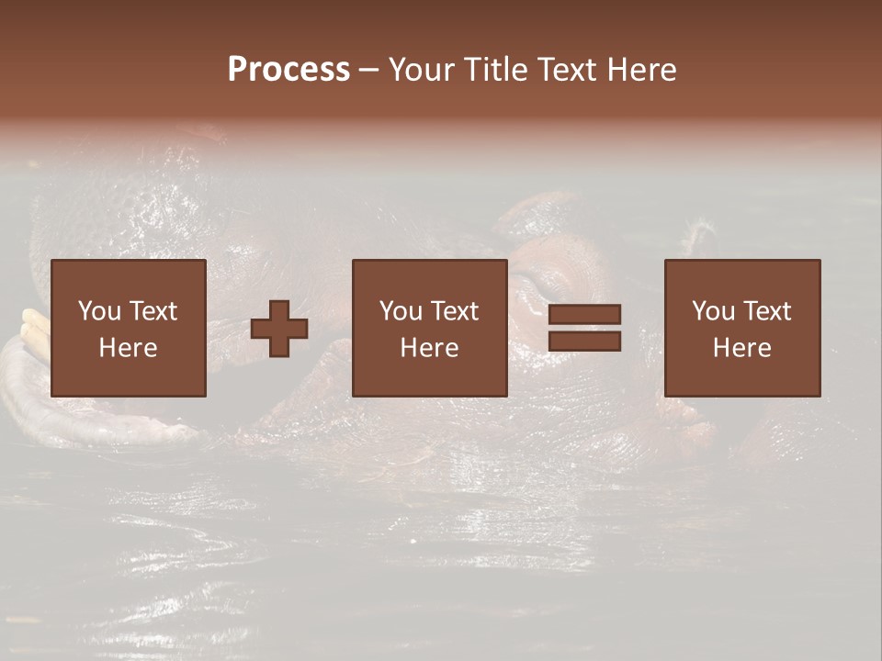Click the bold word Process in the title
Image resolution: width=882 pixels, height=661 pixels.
click(288, 70)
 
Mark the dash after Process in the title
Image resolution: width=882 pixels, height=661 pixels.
click(369, 71)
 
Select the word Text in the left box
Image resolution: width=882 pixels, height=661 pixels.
click(153, 311)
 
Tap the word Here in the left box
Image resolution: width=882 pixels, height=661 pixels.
click(129, 348)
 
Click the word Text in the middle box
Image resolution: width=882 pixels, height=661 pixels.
click(454, 311)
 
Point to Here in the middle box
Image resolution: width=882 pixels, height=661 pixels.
click(430, 348)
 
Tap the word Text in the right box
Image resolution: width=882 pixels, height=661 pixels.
click(766, 311)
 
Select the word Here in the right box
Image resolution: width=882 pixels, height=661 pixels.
click(742, 348)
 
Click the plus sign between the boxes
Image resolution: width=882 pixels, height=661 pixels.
click(279, 329)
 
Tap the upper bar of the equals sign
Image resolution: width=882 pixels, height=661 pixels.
click(584, 315)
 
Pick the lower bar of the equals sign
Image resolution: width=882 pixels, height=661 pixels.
click(584, 342)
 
